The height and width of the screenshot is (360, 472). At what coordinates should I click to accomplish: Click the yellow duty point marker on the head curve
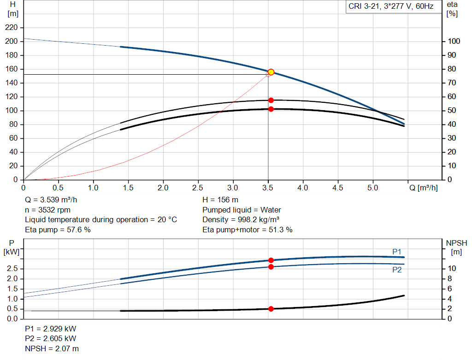click(271, 72)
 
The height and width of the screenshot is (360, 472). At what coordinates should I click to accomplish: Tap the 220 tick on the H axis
click(12, 27)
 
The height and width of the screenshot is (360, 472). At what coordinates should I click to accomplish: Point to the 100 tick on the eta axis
click(454, 41)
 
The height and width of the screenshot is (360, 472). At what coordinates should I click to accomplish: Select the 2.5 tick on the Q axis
click(198, 188)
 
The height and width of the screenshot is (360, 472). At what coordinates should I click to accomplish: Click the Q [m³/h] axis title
click(424, 188)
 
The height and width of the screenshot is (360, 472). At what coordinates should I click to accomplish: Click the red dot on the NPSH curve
click(271, 309)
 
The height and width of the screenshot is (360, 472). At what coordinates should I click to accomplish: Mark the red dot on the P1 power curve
click(271, 260)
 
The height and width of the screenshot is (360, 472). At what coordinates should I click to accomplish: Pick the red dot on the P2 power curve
click(271, 267)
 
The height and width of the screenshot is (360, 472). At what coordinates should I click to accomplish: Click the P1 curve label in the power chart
click(397, 252)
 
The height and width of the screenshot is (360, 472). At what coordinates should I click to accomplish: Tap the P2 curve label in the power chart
click(397, 270)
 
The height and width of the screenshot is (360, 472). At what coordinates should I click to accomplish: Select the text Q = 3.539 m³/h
click(51, 200)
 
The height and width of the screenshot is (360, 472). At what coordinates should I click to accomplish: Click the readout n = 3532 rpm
click(47, 210)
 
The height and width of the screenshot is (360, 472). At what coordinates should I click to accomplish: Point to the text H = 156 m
click(220, 200)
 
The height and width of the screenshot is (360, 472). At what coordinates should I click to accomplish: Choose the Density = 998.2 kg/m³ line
click(241, 220)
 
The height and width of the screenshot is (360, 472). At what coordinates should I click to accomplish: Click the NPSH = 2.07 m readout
click(52, 348)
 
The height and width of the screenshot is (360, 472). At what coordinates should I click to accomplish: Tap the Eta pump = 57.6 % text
click(58, 230)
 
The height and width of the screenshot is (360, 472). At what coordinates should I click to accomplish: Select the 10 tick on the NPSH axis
click(452, 268)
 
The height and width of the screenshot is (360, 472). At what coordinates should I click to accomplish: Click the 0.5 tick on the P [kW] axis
click(12, 309)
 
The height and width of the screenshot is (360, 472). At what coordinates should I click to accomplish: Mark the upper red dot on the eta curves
click(271, 100)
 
